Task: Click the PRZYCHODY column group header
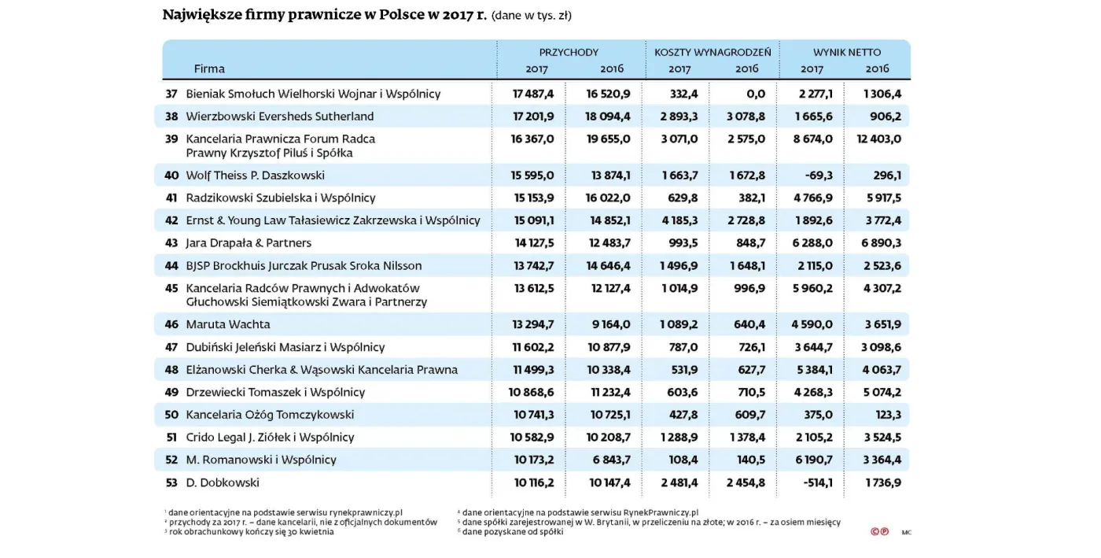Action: click(569, 52)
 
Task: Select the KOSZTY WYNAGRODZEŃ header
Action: click(713, 52)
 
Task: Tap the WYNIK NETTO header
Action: click(846, 52)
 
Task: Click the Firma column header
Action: click(209, 68)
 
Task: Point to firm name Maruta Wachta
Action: click(227, 324)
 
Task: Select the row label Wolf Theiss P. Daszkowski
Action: click(255, 176)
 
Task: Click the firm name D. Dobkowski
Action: click(223, 482)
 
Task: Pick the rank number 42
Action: click(171, 220)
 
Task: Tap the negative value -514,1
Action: click(816, 482)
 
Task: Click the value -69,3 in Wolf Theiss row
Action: click(818, 176)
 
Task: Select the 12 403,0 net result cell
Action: click(878, 139)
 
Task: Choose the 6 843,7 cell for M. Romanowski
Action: click(609, 460)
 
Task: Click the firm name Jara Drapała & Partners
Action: click(249, 242)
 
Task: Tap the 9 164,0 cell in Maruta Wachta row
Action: click(611, 324)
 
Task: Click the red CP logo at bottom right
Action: click(879, 532)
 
